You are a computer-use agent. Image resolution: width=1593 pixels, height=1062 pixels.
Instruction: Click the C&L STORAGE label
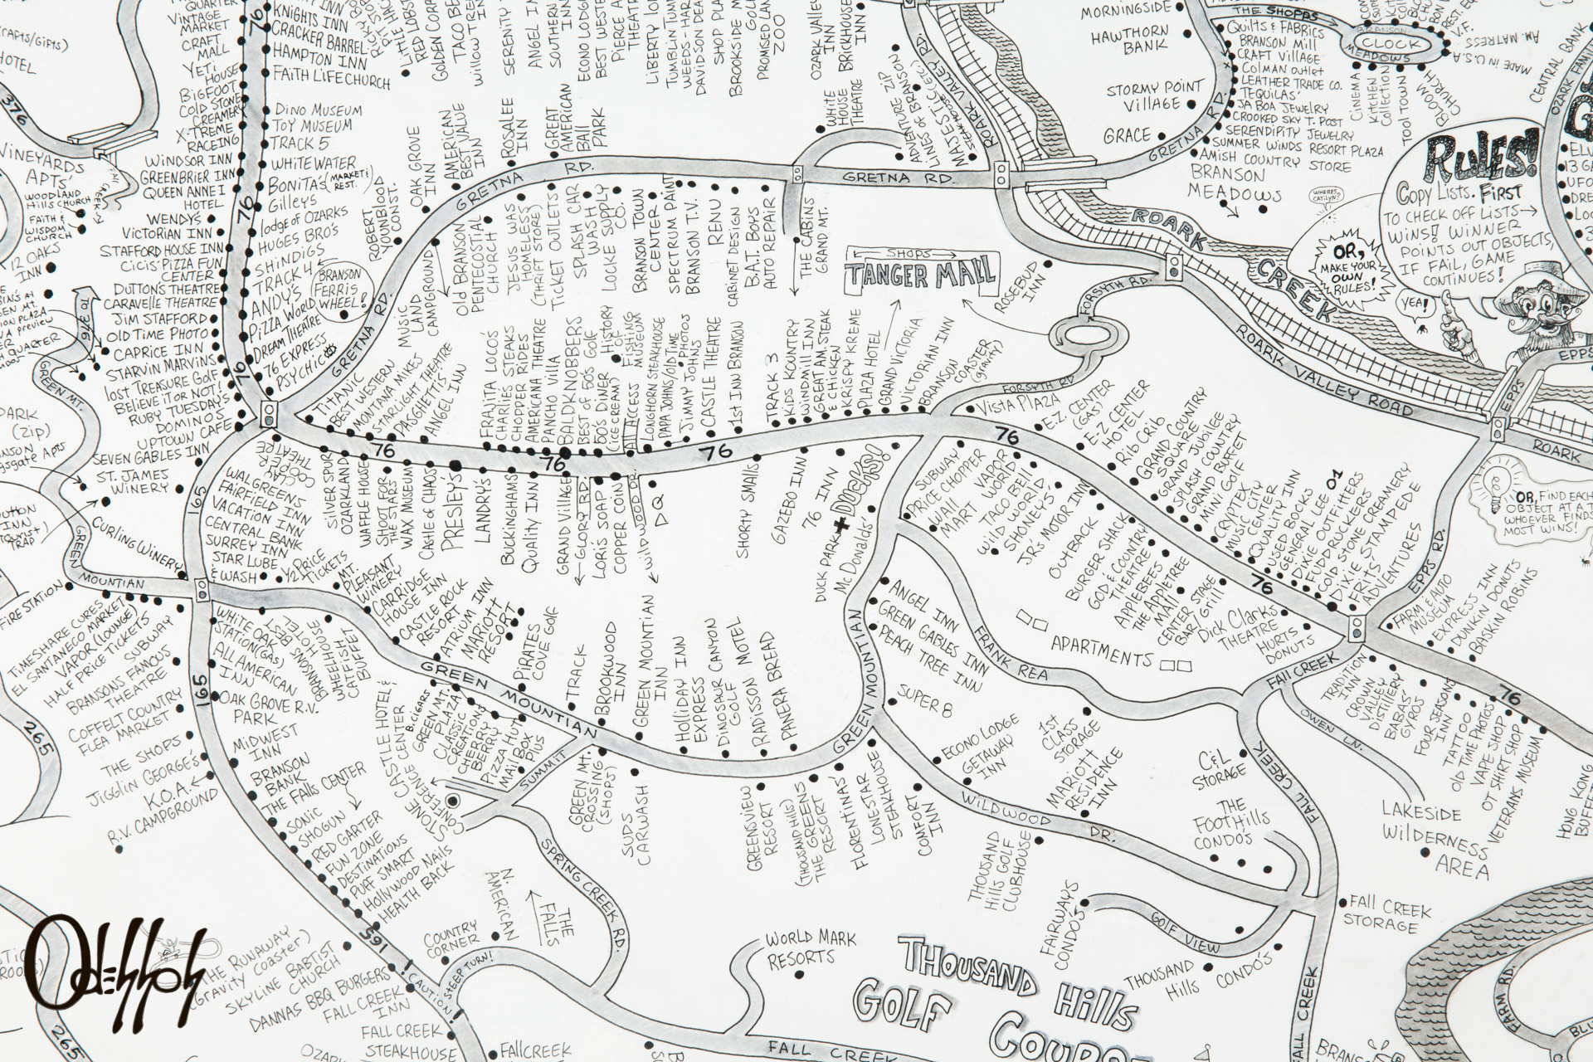coord(1220,763)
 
